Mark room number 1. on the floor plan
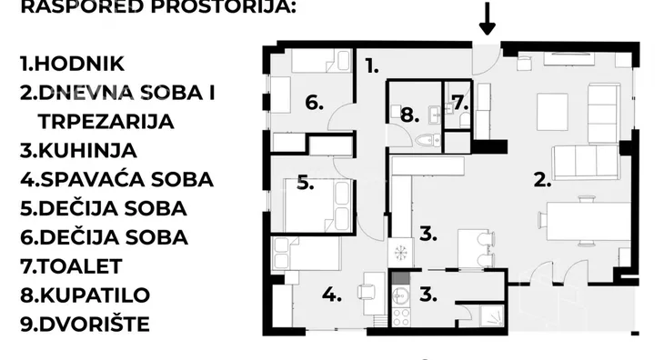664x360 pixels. (x=372, y=65)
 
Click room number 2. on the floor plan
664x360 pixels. (x=543, y=179)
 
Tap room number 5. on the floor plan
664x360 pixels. (x=306, y=184)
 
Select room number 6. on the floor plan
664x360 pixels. (x=315, y=103)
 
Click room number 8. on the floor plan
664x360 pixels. (x=409, y=115)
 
